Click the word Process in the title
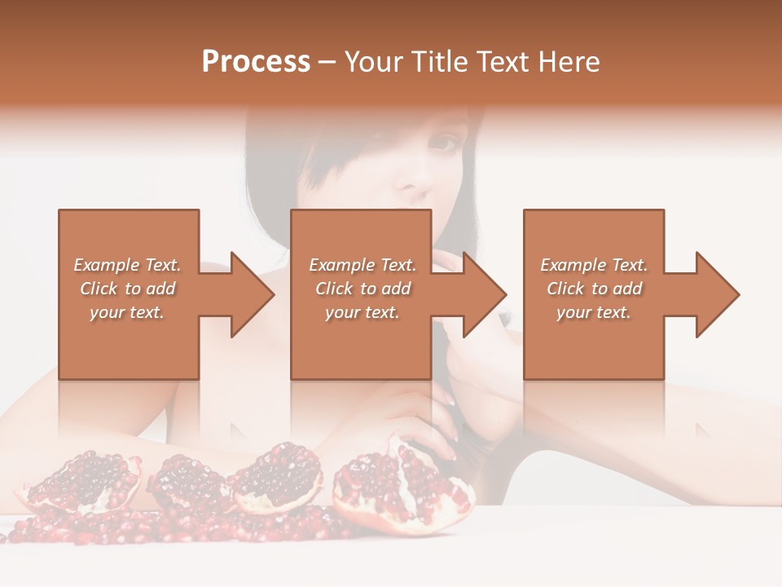(256, 62)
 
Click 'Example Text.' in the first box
(127, 265)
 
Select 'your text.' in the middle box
(362, 312)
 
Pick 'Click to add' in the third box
(594, 289)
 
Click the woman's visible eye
(445, 143)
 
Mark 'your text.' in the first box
(127, 312)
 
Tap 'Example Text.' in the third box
(594, 265)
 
